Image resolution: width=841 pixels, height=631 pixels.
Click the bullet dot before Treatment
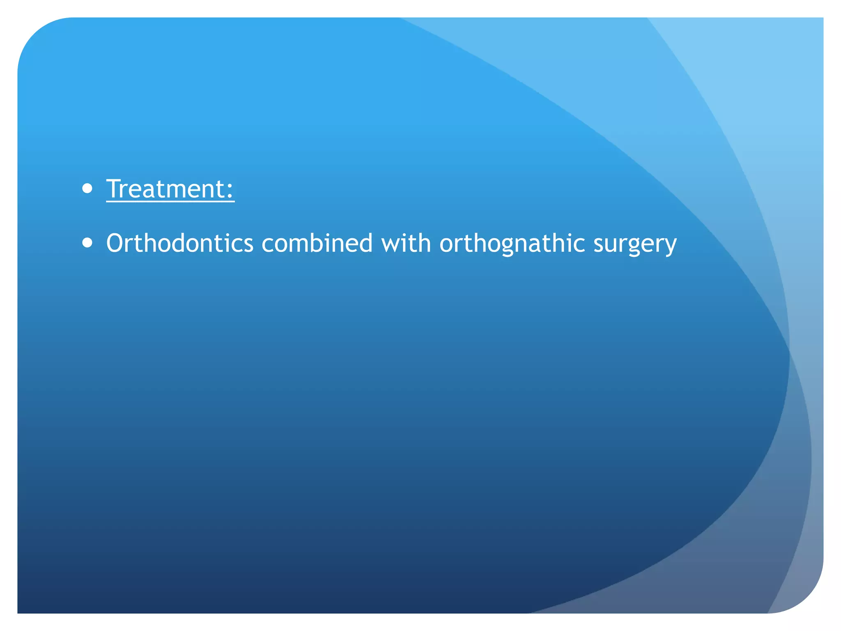click(87, 189)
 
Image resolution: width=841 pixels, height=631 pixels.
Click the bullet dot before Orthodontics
click(87, 243)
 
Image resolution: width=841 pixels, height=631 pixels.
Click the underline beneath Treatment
click(170, 202)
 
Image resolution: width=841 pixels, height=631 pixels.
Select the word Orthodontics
click(179, 243)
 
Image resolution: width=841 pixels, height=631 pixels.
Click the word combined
click(317, 243)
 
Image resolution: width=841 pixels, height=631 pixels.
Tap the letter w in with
click(391, 244)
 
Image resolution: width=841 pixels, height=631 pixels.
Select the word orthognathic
click(512, 243)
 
